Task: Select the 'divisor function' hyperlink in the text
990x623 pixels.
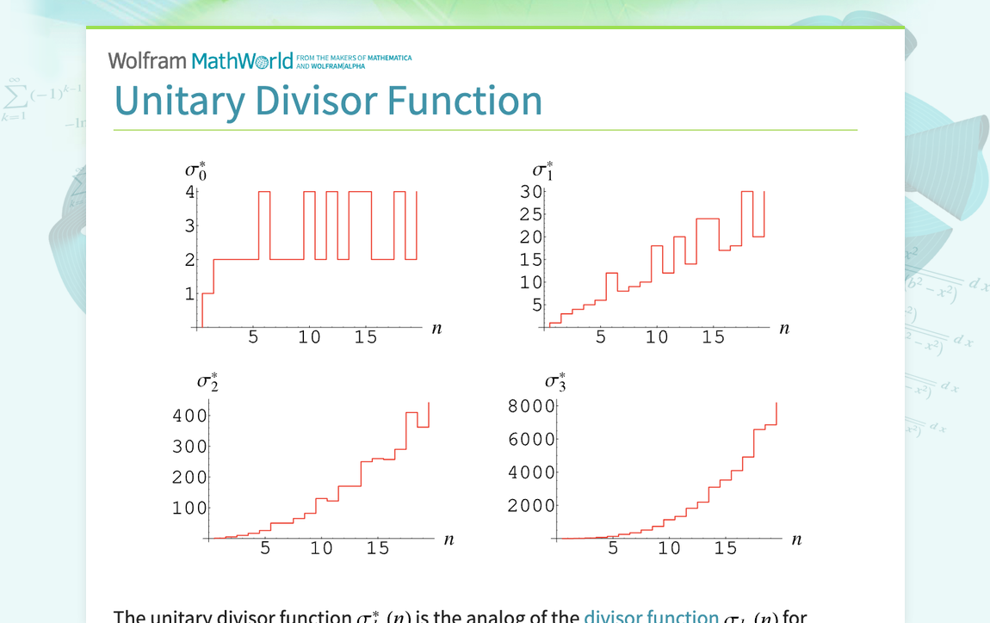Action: pyautogui.click(x=651, y=616)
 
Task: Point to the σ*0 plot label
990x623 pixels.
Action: pyautogui.click(x=195, y=170)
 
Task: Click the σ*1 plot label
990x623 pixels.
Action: pyautogui.click(x=542, y=170)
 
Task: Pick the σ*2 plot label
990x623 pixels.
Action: pyautogui.click(x=207, y=380)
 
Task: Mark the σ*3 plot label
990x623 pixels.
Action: pyautogui.click(x=555, y=380)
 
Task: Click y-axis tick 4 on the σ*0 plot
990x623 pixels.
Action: pyautogui.click(x=189, y=192)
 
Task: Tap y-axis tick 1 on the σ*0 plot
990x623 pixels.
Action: pyautogui.click(x=189, y=294)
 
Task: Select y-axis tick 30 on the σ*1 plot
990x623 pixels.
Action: pyautogui.click(x=530, y=192)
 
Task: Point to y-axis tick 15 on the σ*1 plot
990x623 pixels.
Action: pyautogui.click(x=530, y=260)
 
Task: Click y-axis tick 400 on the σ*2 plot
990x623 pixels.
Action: pyautogui.click(x=190, y=416)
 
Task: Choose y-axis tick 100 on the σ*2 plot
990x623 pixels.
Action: pyautogui.click(x=190, y=508)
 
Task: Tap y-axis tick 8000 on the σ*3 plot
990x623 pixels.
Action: pyautogui.click(x=531, y=406)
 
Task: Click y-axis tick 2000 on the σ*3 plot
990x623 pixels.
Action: pyautogui.click(x=531, y=505)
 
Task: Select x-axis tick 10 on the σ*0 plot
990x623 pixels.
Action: pyautogui.click(x=309, y=337)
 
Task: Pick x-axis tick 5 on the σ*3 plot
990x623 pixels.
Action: pyautogui.click(x=613, y=548)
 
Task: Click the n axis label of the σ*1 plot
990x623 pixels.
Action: pyautogui.click(x=784, y=328)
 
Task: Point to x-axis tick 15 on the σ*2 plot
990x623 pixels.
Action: pyautogui.click(x=378, y=548)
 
